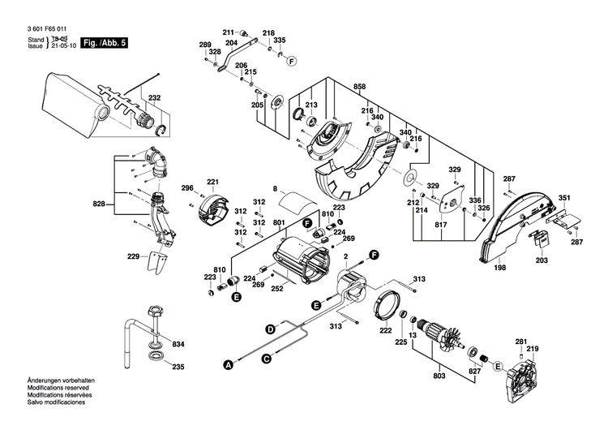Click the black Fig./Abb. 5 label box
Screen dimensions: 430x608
point(106,41)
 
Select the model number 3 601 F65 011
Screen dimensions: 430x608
point(43,28)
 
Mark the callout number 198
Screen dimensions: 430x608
point(499,268)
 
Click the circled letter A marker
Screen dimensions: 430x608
point(228,365)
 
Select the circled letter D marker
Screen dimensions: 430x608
point(270,329)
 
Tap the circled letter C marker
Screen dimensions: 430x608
point(266,358)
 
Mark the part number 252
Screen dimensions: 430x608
point(276,287)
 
